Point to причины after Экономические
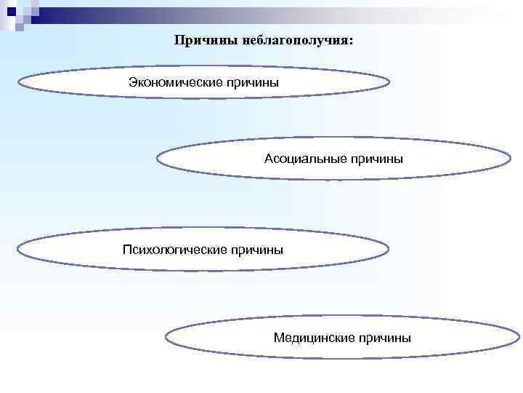point(253,82)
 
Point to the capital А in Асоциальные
point(269,159)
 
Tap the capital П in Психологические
point(127,250)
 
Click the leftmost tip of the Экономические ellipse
point(18,83)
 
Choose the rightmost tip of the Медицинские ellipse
point(519,337)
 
